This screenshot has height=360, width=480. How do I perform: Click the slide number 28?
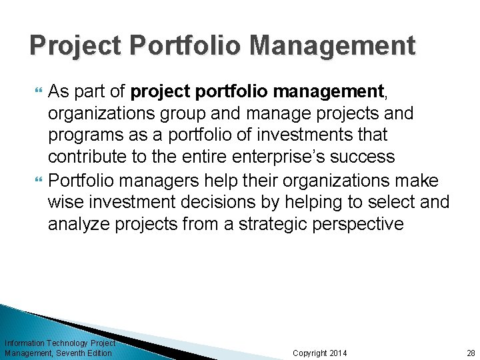coord(471,353)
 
